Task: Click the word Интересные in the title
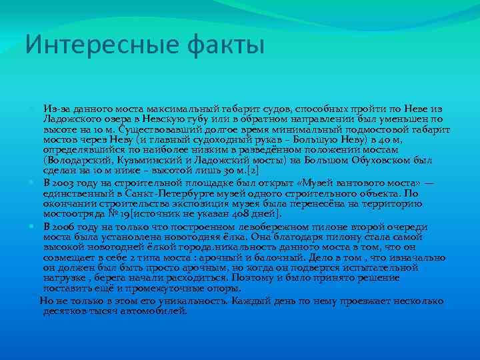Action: (x=87, y=45)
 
